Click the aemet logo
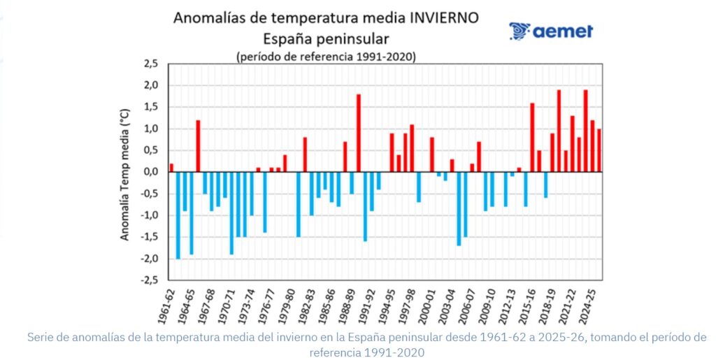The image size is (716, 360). (551, 31)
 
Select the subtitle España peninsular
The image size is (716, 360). (326, 38)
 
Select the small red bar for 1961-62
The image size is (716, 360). (171, 168)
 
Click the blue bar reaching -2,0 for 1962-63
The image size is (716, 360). (178, 215)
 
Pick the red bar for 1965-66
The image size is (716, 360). (198, 146)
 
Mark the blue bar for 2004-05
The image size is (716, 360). (459, 208)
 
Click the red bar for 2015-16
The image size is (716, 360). (532, 138)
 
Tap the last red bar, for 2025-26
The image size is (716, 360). (599, 150)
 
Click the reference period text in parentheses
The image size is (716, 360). (326, 56)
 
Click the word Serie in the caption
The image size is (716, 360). (42, 338)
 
